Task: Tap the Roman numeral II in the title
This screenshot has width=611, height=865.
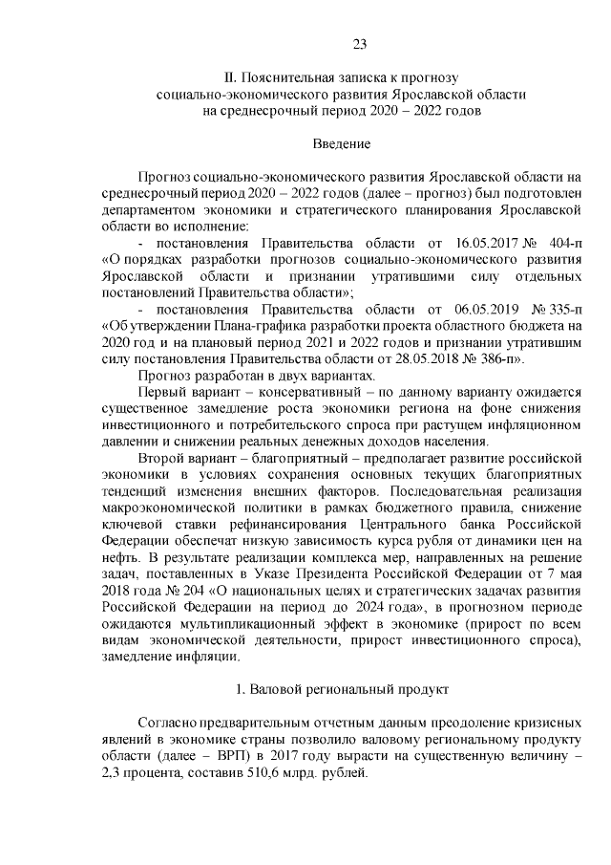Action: click(x=228, y=76)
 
